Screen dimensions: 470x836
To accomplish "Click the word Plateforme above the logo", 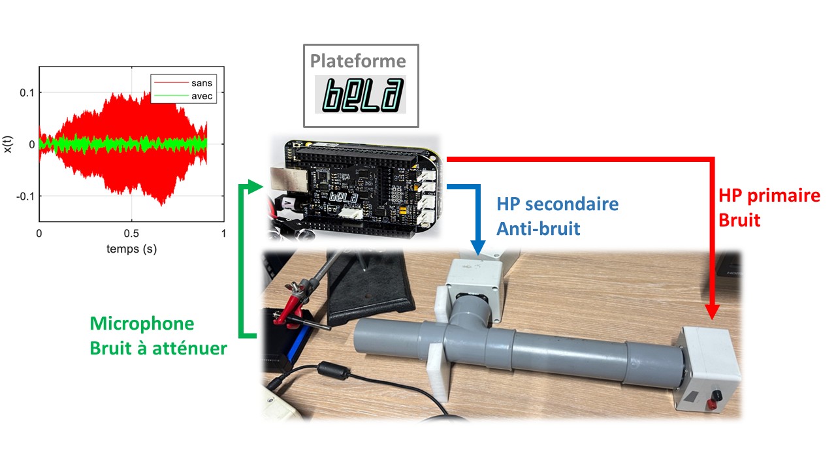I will [357, 61].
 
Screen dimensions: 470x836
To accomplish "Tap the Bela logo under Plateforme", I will [360, 94].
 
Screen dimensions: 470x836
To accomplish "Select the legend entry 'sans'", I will [202, 84].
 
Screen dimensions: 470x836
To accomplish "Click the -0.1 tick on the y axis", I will [23, 196].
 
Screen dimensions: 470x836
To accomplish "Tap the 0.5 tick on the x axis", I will [131, 233].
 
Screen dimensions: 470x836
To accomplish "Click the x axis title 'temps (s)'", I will [131, 249].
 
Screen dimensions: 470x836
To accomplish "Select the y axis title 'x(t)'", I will [8, 144].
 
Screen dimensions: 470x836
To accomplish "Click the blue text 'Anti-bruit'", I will [537, 228].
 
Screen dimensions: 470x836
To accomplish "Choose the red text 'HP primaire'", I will [769, 195].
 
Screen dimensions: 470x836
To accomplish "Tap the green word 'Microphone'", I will [142, 323].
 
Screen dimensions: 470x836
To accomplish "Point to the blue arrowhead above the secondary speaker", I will [478, 247].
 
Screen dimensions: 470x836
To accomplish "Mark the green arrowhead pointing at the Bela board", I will [257, 187].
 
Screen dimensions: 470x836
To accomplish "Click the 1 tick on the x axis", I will [224, 233].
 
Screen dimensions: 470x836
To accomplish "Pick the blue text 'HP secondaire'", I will [557, 204].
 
